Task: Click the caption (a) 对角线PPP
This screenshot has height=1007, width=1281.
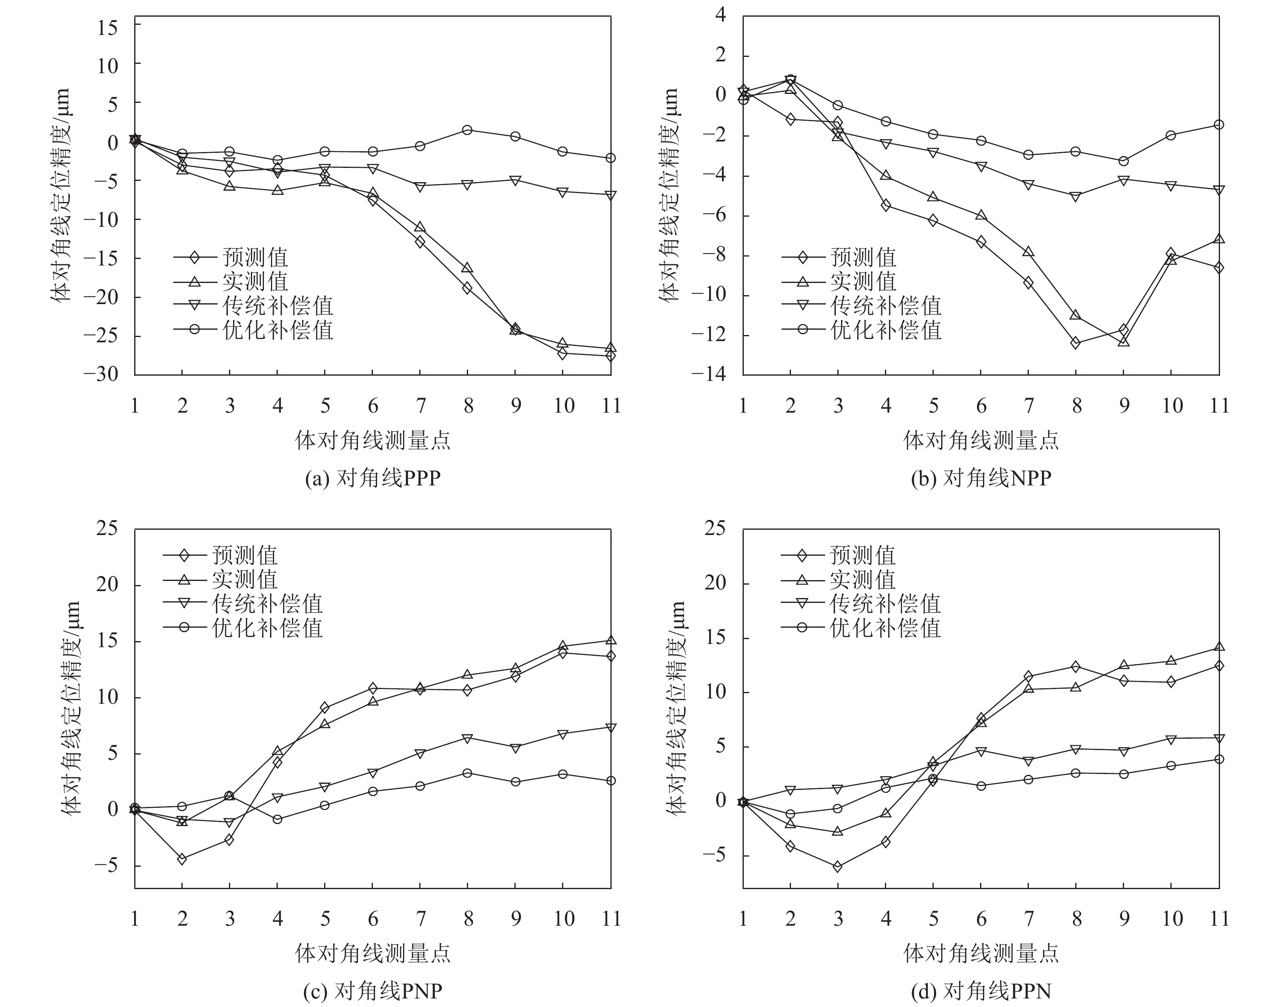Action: pyautogui.click(x=373, y=478)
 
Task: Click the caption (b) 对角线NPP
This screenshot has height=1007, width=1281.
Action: pyautogui.click(x=981, y=478)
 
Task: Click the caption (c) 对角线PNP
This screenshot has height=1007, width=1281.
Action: pyautogui.click(x=373, y=991)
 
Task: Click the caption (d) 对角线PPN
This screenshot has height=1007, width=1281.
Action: pyautogui.click(x=981, y=991)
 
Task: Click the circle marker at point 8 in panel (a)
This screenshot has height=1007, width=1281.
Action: pyautogui.click(x=467, y=130)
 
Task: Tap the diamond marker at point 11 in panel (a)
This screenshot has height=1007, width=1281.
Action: pyautogui.click(x=610, y=355)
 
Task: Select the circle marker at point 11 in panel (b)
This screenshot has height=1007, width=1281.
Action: pyautogui.click(x=1219, y=125)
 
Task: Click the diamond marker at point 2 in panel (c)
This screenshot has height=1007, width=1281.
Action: pyautogui.click(x=182, y=859)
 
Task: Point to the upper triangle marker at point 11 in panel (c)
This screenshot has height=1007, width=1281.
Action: pyautogui.click(x=610, y=640)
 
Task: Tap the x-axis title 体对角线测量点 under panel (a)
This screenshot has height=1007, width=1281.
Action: pyautogui.click(x=373, y=440)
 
